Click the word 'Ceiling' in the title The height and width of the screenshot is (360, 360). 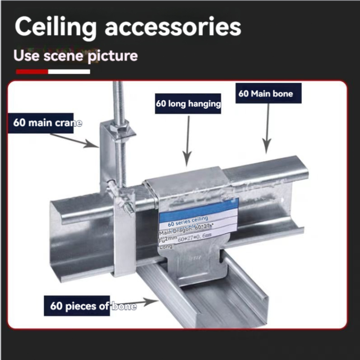point(56,27)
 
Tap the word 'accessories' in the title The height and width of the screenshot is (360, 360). point(173,27)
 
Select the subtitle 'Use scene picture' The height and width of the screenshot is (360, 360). point(76,55)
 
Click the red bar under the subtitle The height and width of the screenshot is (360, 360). point(32,71)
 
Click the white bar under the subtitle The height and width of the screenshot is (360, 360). point(69,71)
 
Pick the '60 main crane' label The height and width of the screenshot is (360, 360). point(47,123)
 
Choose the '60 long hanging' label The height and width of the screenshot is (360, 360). point(188,104)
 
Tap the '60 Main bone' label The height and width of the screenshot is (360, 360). point(266,93)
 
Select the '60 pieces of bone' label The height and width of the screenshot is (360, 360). point(93,306)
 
